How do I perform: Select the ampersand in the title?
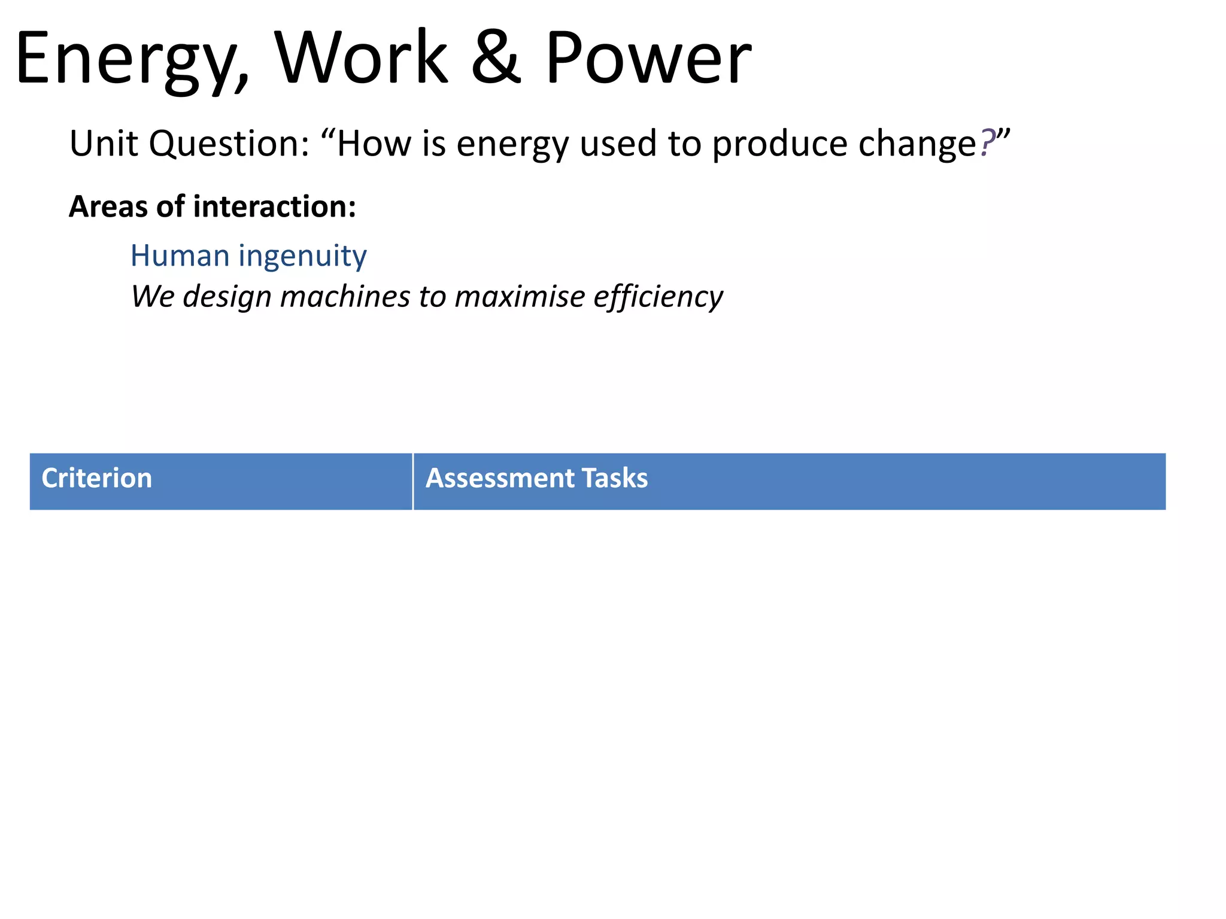coord(496,58)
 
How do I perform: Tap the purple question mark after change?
coord(987,144)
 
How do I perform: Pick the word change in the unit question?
coord(917,145)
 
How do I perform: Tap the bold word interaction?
coord(275,207)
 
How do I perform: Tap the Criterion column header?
coord(97,479)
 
